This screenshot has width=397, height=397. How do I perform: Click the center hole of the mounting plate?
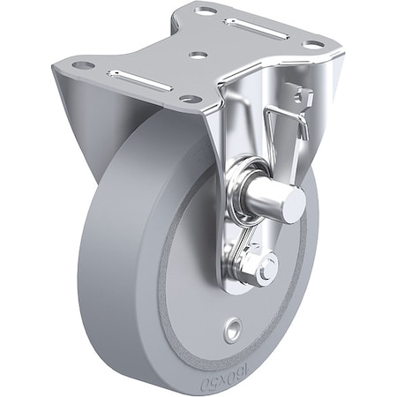(x=198, y=55)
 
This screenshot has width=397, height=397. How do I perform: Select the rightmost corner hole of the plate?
(x=312, y=43)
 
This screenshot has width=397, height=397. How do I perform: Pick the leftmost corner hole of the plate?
(x=82, y=64)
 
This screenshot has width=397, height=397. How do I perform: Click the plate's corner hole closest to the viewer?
(x=188, y=99)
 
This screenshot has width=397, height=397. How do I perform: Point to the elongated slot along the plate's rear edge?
(x=255, y=27)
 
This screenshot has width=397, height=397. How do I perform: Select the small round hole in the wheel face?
(x=231, y=331)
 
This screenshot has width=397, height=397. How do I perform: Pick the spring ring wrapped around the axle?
(x=240, y=184)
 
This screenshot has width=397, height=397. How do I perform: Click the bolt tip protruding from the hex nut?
(x=266, y=268)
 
